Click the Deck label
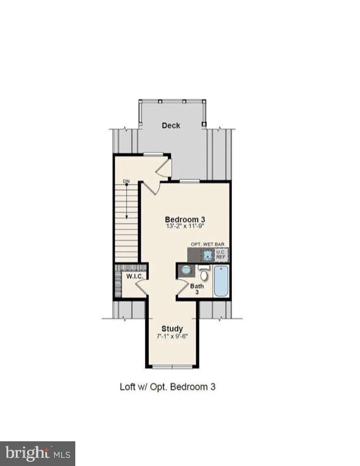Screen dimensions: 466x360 coord(171,125)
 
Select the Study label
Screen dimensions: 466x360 coord(172,328)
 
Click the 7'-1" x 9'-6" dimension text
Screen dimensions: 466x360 coord(172,337)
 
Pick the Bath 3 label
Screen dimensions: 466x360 coord(197,289)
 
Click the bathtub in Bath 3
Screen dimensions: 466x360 coord(221,282)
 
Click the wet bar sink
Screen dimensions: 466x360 coord(208,255)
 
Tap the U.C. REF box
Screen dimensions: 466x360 coord(222,255)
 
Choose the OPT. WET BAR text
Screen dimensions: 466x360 coord(208,244)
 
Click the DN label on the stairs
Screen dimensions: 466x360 coord(126,181)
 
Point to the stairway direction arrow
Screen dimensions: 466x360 coord(126,200)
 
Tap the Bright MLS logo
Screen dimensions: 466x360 coord(38,454)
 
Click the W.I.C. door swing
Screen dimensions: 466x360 coord(142,288)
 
